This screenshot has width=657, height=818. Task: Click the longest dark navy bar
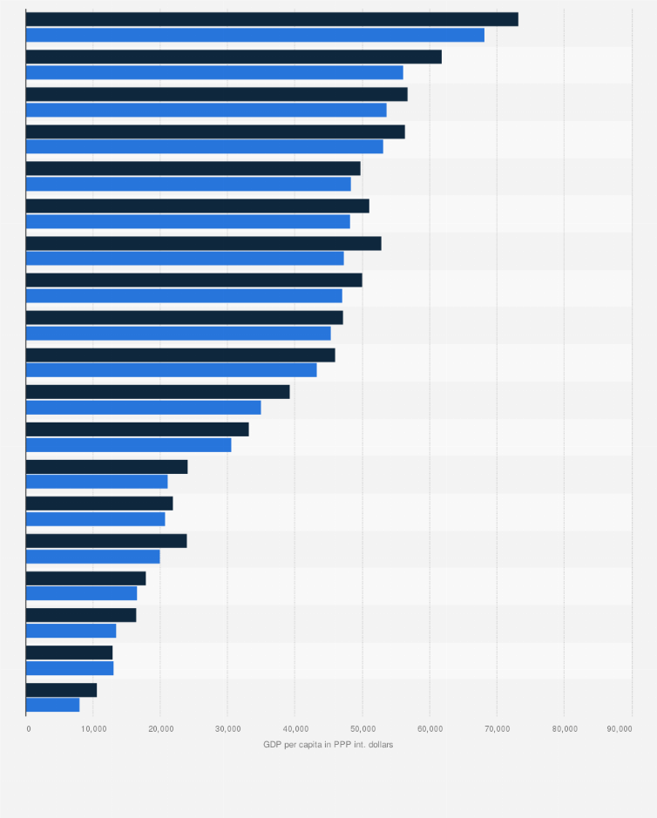click(272, 19)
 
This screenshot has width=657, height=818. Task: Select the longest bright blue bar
click(254, 35)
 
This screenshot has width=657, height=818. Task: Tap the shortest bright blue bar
click(52, 705)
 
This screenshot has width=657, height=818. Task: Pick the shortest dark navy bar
click(61, 690)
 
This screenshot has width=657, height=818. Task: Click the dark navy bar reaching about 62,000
click(234, 57)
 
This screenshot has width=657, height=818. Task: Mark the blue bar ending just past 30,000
click(128, 445)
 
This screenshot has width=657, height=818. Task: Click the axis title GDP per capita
click(328, 744)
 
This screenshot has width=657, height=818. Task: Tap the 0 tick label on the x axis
click(28, 727)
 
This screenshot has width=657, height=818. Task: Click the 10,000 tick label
click(92, 727)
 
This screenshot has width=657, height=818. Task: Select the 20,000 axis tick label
click(159, 727)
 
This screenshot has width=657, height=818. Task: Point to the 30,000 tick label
click(227, 727)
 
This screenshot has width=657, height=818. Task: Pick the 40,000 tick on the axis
click(295, 727)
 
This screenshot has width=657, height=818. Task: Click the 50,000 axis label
click(362, 727)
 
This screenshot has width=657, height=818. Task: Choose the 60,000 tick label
click(429, 727)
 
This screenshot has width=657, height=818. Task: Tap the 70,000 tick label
click(497, 727)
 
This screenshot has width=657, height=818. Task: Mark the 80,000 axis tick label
click(564, 727)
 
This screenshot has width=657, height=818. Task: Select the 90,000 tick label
click(620, 727)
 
